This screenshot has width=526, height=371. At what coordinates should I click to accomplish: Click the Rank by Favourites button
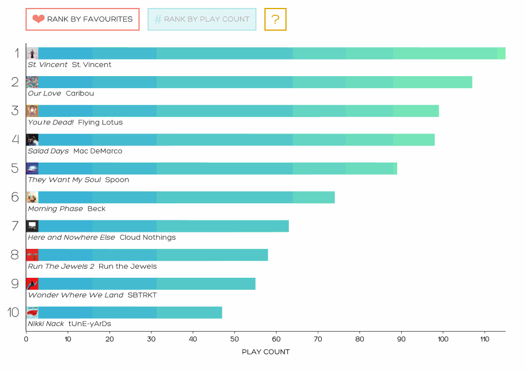(82, 19)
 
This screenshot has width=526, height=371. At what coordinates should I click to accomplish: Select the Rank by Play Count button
(201, 19)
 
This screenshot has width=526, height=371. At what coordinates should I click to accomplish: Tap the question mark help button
(275, 19)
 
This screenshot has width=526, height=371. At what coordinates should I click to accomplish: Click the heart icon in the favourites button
(39, 19)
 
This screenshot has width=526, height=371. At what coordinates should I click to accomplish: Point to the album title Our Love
(44, 94)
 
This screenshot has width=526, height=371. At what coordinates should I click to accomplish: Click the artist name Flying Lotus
(100, 123)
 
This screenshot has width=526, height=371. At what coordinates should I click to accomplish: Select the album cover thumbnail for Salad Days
(32, 140)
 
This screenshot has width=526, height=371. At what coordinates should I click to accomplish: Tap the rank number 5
(15, 168)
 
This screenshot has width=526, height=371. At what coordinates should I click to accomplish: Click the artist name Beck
(96, 209)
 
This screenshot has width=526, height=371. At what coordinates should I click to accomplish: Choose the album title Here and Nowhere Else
(71, 237)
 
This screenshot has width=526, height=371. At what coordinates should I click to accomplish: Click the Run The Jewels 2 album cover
(32, 255)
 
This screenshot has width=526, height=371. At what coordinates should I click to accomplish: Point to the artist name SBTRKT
(142, 295)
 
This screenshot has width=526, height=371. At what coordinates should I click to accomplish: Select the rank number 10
(14, 312)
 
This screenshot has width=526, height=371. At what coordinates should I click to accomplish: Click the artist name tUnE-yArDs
(90, 324)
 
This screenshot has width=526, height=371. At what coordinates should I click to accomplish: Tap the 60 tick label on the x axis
(276, 340)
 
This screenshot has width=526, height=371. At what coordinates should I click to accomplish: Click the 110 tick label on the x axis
(485, 340)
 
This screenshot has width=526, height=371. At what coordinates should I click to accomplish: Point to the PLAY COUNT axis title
(266, 352)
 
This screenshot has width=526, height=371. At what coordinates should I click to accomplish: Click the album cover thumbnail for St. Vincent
(32, 53)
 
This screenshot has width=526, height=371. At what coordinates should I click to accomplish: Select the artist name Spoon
(117, 180)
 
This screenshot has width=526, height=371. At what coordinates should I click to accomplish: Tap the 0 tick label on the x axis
(26, 340)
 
